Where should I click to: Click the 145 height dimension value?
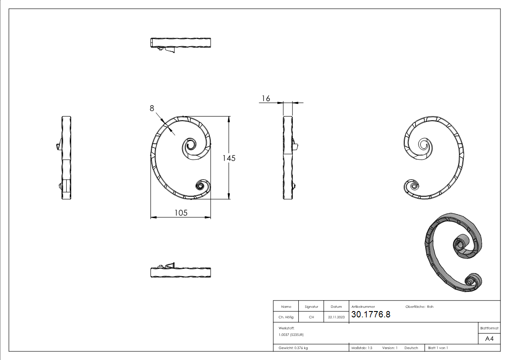coord(228,158)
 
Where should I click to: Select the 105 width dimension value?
coord(180,213)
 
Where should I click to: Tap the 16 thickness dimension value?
coord(266,98)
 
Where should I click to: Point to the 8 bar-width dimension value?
coord(152,108)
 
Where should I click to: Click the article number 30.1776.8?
coord(370,315)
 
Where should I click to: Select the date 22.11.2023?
coord(336,317)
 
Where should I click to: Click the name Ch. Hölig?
coord(286,317)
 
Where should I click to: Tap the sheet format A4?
coord(489,339)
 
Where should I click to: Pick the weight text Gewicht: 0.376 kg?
coord(293,348)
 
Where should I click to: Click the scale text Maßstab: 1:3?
coord(362,348)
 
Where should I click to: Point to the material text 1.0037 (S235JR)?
coord(291,334)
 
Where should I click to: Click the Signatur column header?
coord(311,306)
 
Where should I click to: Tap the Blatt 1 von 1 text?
coord(438,348)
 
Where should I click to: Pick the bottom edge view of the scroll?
coord(180,272)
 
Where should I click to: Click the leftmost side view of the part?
coord(66,158)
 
